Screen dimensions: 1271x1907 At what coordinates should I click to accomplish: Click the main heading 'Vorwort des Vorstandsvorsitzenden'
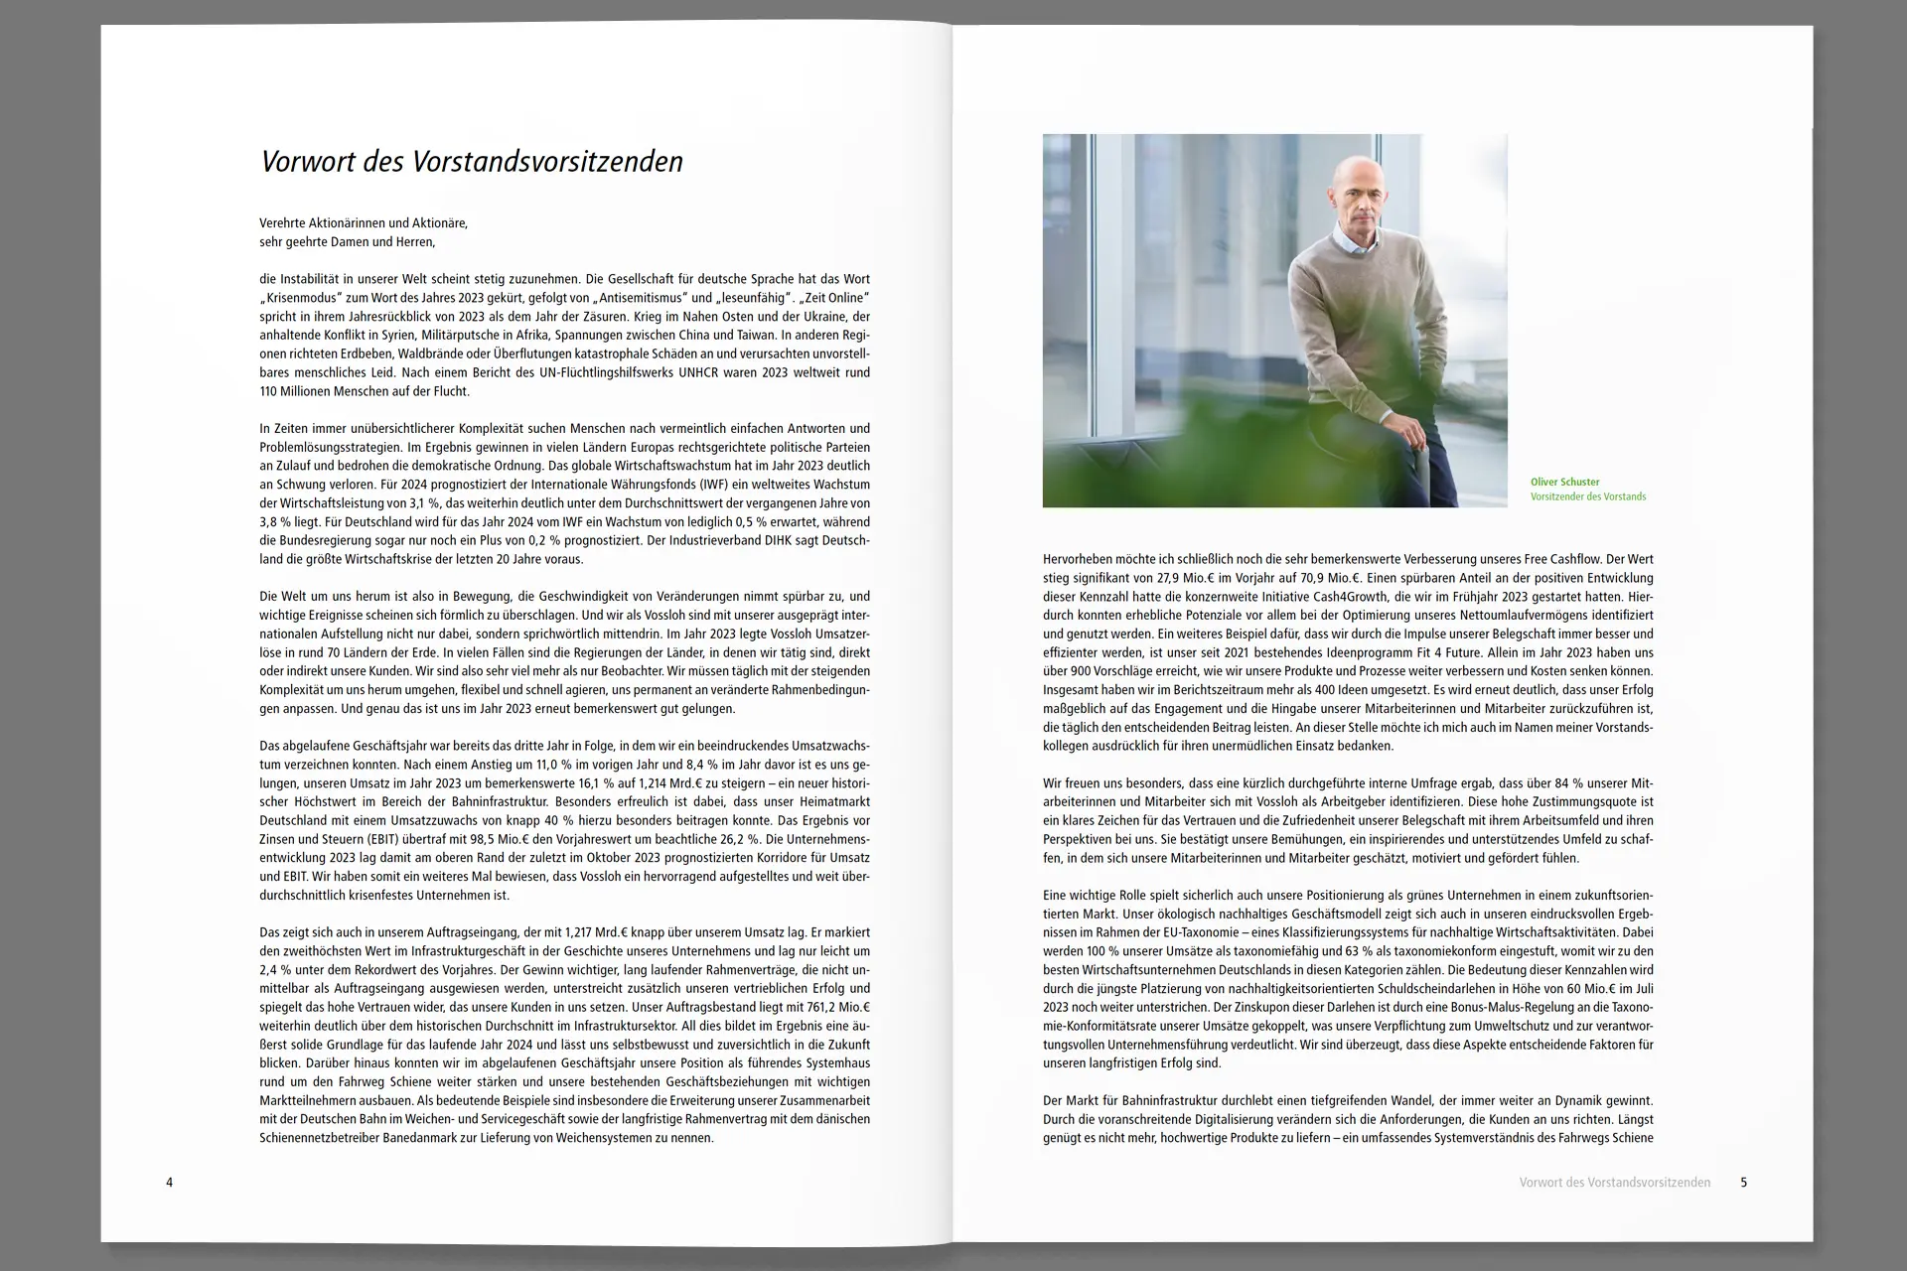(x=472, y=162)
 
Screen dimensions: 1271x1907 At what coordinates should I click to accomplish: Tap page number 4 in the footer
(x=169, y=1183)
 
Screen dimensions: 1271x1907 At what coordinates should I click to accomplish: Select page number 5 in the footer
(x=1743, y=1183)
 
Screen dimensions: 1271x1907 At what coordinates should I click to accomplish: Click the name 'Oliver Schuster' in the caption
(x=1564, y=482)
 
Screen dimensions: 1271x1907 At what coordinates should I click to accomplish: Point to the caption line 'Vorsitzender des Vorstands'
(x=1587, y=496)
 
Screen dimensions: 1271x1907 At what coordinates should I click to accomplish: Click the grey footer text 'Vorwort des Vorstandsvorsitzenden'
(x=1614, y=1183)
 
